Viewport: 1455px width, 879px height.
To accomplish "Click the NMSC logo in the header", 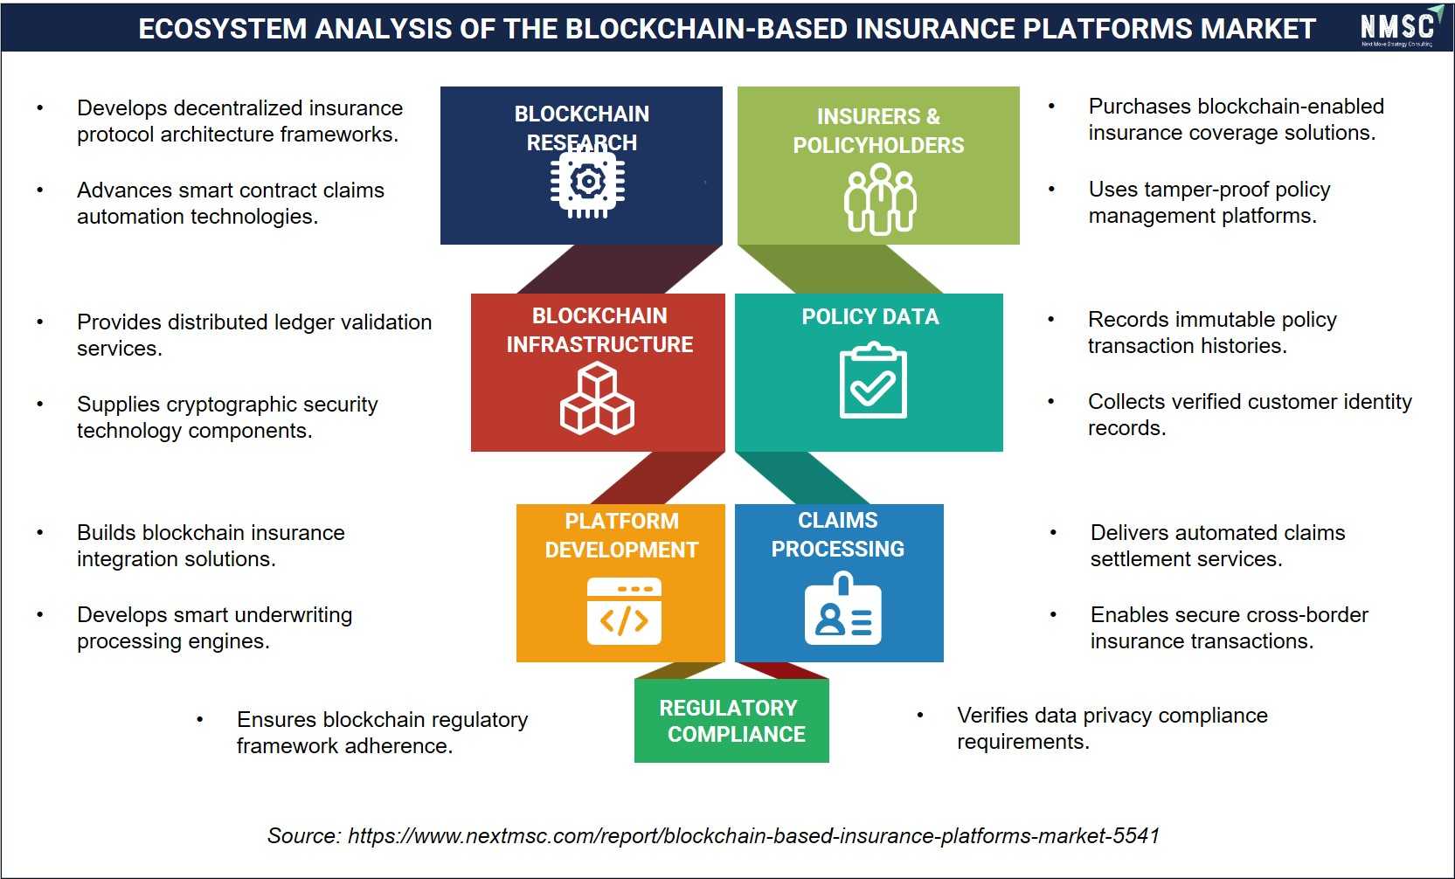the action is [1400, 28].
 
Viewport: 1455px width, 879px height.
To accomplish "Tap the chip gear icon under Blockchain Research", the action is [588, 182].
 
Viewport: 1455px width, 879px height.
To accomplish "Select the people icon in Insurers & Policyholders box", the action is [879, 199].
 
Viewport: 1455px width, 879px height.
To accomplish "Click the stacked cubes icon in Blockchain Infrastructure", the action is [597, 398].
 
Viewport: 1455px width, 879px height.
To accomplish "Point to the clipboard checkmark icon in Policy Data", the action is [872, 380].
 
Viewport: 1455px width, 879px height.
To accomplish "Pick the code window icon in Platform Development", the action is [624, 611].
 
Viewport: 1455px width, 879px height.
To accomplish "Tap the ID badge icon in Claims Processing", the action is [842, 608].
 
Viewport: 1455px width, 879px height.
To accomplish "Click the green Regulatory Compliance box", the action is [731, 721].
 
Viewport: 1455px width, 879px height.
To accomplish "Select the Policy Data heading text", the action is [870, 316].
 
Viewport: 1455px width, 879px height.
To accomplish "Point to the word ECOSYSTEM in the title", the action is [222, 29].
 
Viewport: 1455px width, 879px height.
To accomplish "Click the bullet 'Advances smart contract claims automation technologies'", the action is [231, 203].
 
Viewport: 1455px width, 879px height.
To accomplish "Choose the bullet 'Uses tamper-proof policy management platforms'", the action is [1209, 202].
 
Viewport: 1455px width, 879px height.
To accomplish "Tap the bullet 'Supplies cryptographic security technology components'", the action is [227, 417].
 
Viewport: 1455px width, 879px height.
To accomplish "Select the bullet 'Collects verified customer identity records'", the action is [1250, 414].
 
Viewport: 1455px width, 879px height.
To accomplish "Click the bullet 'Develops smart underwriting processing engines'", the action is [214, 627].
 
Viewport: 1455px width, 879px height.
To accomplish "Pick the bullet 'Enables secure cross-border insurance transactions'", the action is [1229, 627].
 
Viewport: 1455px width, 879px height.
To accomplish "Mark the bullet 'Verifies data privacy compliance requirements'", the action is [1112, 729].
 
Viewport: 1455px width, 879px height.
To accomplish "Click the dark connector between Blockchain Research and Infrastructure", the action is [620, 269].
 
